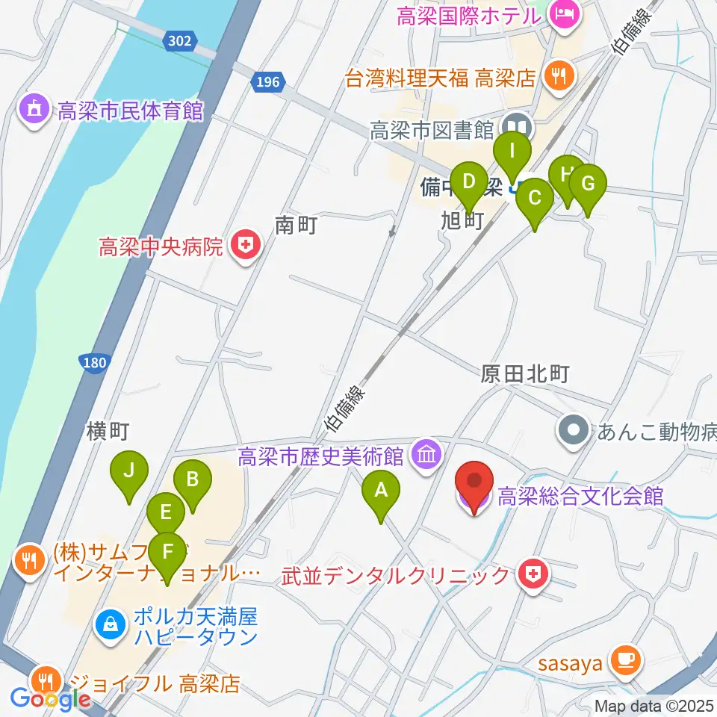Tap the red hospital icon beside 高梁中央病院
(243, 246)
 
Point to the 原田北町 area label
(527, 376)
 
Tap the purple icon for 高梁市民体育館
(34, 111)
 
